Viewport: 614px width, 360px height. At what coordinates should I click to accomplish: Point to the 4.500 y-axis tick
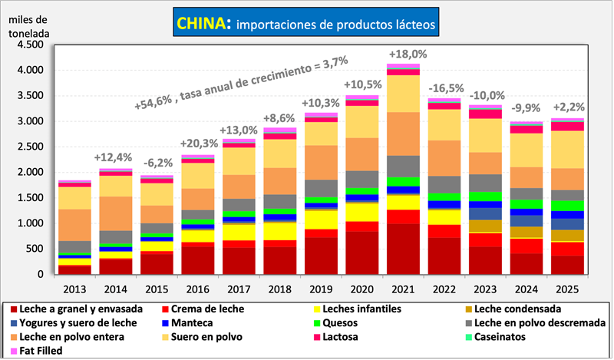28,45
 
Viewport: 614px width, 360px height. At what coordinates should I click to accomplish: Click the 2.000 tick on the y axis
28,172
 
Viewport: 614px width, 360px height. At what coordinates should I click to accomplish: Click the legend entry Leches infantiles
374,309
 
